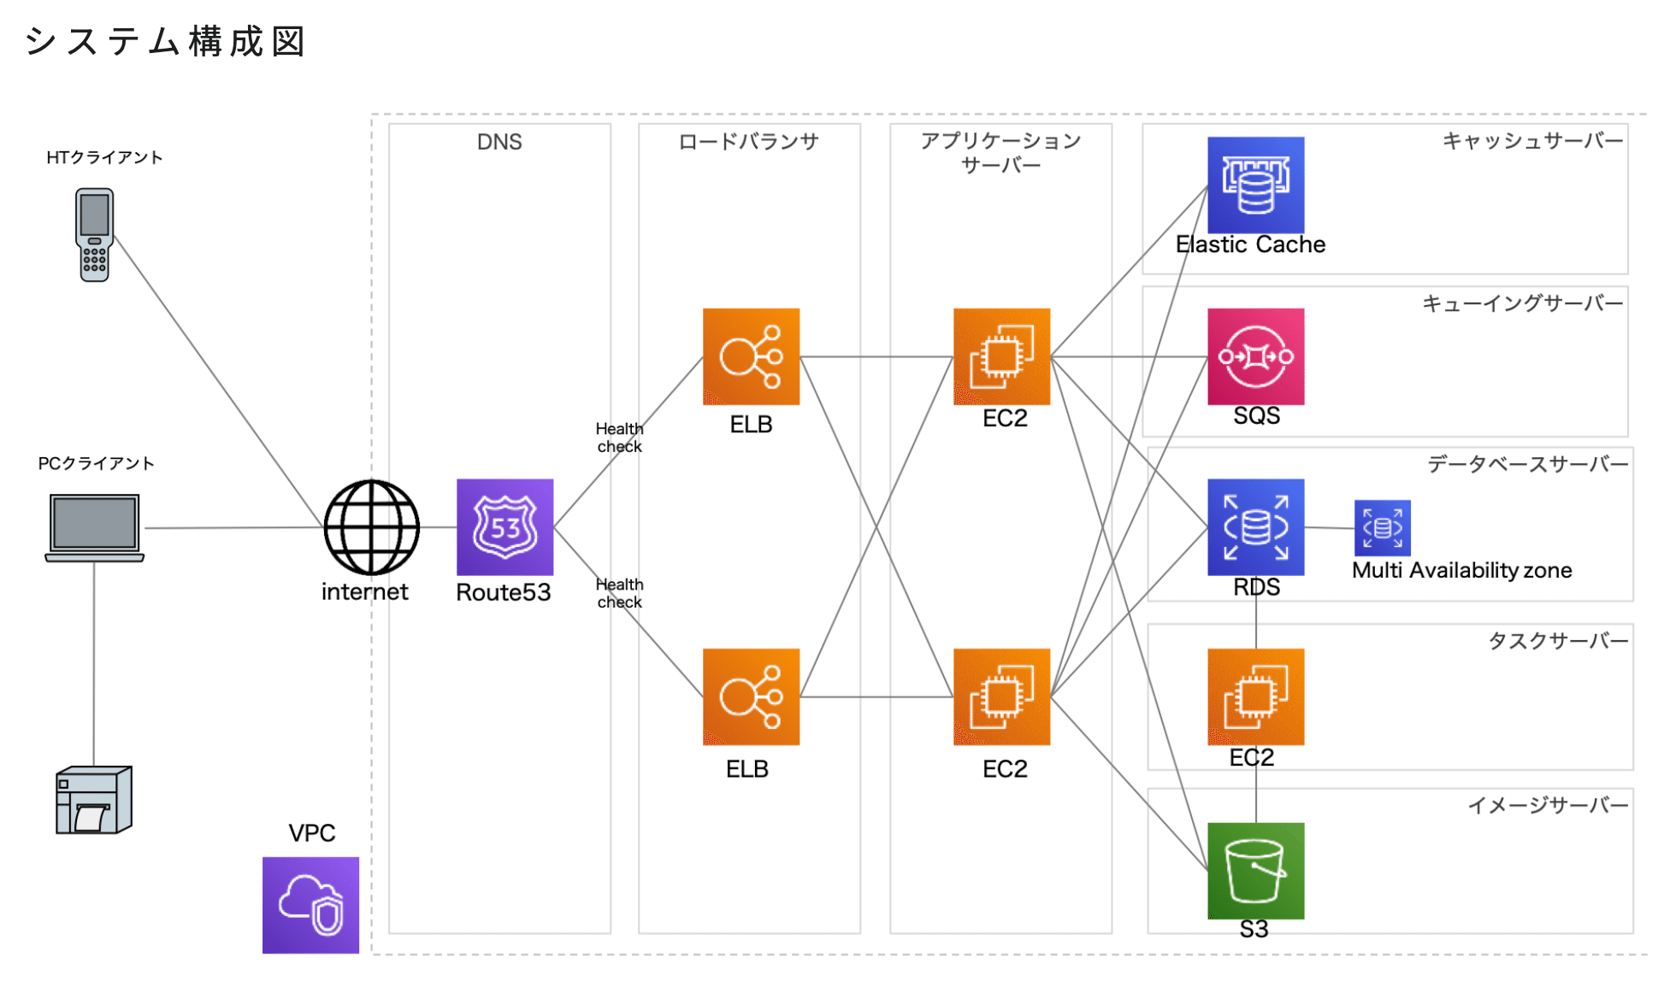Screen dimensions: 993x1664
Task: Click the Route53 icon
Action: (x=505, y=526)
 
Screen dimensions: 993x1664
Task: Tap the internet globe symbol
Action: (x=371, y=527)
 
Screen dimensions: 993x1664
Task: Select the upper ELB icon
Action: (x=751, y=356)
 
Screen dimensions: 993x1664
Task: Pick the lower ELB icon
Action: (x=751, y=696)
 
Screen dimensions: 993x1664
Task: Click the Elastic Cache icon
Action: (x=1255, y=185)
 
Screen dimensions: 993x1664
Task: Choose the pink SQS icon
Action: (x=1255, y=356)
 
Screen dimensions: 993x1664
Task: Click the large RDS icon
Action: (x=1255, y=526)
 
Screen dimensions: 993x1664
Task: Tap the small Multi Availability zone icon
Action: (x=1382, y=527)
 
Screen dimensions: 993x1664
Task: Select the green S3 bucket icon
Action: (x=1255, y=870)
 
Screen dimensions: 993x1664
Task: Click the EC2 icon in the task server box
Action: (x=1255, y=696)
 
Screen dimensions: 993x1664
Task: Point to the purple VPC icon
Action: (x=310, y=905)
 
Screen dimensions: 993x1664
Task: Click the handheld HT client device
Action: (x=94, y=235)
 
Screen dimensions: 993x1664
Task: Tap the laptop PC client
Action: (x=94, y=527)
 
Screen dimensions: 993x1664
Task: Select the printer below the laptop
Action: (x=94, y=800)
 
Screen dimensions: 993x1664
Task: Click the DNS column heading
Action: (x=499, y=142)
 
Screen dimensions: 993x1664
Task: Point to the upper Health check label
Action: (x=619, y=438)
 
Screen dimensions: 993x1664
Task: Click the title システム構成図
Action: (x=165, y=41)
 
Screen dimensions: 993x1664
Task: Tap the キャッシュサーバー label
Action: (x=1531, y=141)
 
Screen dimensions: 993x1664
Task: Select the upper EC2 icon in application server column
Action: (x=1001, y=356)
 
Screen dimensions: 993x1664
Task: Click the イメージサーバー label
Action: (x=1548, y=805)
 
